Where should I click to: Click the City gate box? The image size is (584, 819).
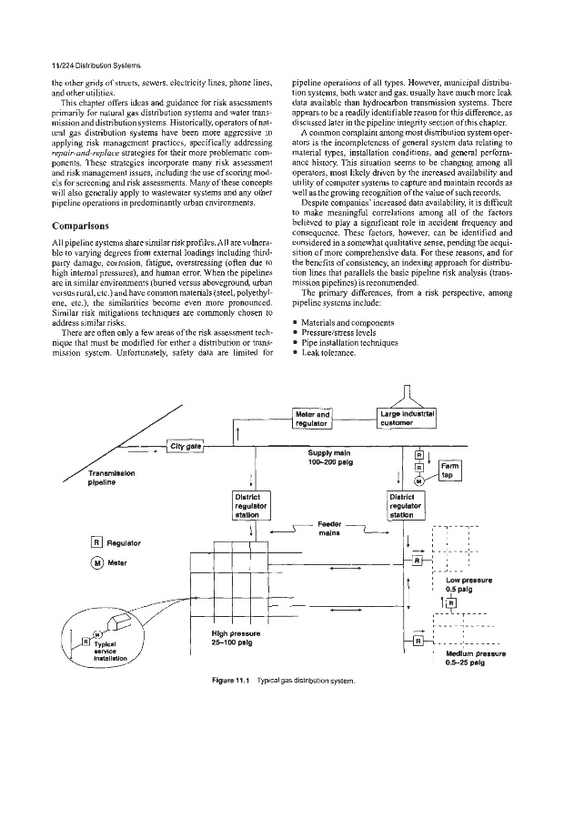click(x=186, y=445)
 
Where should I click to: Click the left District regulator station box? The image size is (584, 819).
click(x=247, y=504)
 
